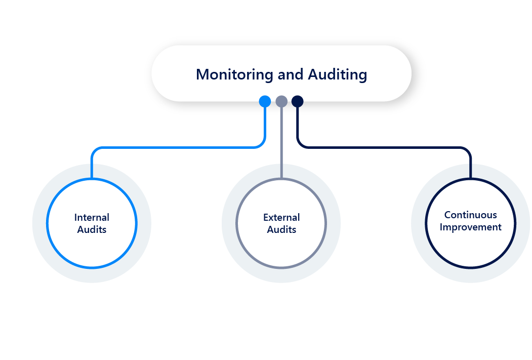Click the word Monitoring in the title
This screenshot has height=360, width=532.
coord(235,74)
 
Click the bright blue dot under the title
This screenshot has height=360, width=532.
coord(265,101)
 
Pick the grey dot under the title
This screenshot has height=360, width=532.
coord(281,101)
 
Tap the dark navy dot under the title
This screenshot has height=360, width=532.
coord(298,101)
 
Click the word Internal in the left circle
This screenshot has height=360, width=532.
coord(92,217)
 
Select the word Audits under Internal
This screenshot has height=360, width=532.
coord(92,229)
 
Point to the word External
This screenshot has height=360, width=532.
coord(281,217)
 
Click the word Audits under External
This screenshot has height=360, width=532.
coord(281,229)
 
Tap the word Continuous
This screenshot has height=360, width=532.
coord(470,215)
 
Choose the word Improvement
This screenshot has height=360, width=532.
coord(470,227)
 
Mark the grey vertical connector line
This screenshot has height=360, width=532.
coord(281,142)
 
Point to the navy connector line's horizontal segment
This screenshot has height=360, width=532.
coord(385,148)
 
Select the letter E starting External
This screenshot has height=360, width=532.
coord(266,217)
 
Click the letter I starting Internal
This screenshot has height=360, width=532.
coord(76,217)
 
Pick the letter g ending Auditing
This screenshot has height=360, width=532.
coord(362,76)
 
